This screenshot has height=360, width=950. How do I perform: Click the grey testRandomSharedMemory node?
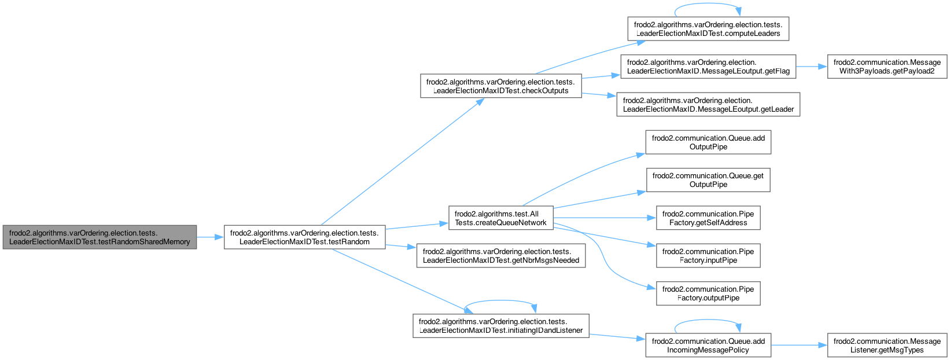[x=100, y=237]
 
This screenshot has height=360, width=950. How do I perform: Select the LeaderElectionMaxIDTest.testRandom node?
[x=304, y=237]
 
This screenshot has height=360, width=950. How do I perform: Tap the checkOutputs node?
[x=500, y=86]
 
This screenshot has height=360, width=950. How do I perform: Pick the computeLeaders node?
[x=708, y=29]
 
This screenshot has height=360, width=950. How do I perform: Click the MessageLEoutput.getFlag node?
[x=708, y=67]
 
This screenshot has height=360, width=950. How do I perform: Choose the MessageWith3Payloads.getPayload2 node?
[x=887, y=67]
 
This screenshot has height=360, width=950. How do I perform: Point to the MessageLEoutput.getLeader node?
[x=708, y=105]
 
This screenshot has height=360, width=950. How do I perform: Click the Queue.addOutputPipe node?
[x=708, y=142]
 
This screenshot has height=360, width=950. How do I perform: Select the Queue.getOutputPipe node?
[x=708, y=180]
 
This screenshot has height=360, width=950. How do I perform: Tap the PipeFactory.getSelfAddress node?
[x=708, y=218]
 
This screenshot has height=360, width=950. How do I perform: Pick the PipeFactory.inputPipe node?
[x=708, y=256]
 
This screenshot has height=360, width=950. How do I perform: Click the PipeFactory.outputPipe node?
[x=708, y=293]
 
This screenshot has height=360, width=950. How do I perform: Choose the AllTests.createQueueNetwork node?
[x=500, y=218]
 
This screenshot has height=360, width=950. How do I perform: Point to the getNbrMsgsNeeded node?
[x=500, y=256]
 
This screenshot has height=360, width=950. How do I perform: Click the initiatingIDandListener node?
[x=500, y=326]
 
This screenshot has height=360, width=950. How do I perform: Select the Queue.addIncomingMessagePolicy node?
[x=708, y=346]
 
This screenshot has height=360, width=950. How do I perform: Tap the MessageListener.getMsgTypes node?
[x=887, y=346]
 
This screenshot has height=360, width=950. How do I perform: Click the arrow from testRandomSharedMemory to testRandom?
[x=211, y=237]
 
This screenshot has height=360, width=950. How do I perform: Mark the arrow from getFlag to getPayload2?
[x=811, y=67]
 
